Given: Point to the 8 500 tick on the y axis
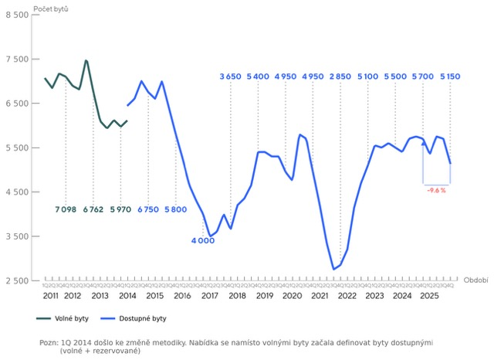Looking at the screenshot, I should point(16,15).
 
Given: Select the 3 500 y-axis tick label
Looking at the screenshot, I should point(16,236).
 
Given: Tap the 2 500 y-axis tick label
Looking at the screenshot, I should point(16,280).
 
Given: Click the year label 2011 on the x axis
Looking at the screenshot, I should point(51,296).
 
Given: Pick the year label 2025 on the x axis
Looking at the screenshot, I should point(429,296).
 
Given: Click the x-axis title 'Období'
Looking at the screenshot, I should point(475,280).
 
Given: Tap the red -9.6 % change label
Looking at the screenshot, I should point(436,190).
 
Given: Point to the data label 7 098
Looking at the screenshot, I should point(66,209).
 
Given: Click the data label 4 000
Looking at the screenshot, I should point(203,240).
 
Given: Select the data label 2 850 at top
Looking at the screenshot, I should point(340,76).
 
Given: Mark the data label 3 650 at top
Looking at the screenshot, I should point(231,76).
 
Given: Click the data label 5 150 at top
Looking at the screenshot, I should point(450,76).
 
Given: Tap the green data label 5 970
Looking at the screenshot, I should point(120,209).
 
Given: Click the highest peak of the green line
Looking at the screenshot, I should point(86,60).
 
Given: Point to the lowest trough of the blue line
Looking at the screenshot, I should point(333,270).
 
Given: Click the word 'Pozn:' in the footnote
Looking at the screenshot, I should point(48,342).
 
